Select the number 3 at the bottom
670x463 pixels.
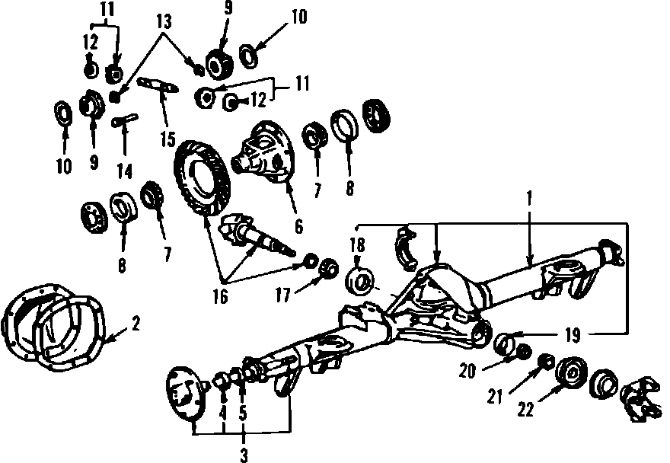click(x=243, y=455)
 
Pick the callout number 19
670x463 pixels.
click(x=573, y=334)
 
